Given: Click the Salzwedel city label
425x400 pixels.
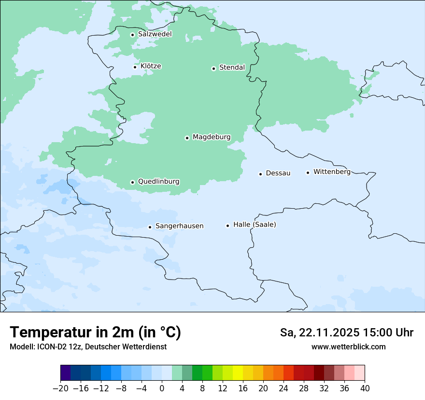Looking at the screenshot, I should pyautogui.click(x=155, y=34).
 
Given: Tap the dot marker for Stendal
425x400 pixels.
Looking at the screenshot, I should pyautogui.click(x=213, y=68).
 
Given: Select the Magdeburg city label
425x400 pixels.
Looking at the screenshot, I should pyautogui.click(x=212, y=137).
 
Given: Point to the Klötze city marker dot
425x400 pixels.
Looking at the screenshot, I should pyautogui.click(x=135, y=67).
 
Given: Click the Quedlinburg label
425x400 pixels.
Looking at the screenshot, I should pyautogui.click(x=158, y=182).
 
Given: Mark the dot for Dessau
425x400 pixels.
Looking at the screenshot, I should pyautogui.click(x=260, y=173).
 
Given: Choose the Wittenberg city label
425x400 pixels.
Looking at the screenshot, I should pyautogui.click(x=332, y=172).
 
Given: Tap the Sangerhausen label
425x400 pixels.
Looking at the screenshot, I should pyautogui.click(x=179, y=226).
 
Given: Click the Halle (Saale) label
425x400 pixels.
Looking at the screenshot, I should pyautogui.click(x=255, y=225).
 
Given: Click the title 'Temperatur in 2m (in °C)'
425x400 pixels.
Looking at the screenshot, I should pyautogui.click(x=95, y=333).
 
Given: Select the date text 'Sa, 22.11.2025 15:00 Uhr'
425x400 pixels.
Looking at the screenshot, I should pyautogui.click(x=346, y=333).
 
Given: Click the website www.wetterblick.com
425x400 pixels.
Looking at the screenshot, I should pyautogui.click(x=348, y=347).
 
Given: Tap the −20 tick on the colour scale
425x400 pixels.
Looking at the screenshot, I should pyautogui.click(x=60, y=388).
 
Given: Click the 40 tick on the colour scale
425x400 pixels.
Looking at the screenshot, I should pyautogui.click(x=365, y=388).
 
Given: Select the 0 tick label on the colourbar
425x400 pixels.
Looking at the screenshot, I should pyautogui.click(x=162, y=388).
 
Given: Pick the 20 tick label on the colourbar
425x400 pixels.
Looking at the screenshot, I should pyautogui.click(x=263, y=388).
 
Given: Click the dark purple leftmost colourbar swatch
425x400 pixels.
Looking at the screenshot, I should pyautogui.click(x=65, y=373).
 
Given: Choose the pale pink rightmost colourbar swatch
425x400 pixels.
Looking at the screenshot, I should pyautogui.click(x=360, y=373).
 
